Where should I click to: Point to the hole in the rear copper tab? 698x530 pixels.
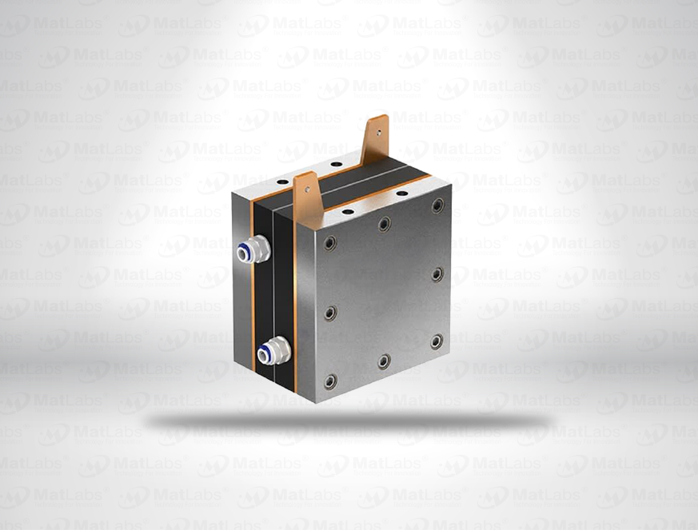[378, 126]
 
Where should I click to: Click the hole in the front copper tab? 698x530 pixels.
[305, 186]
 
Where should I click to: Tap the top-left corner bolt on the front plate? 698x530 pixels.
[330, 242]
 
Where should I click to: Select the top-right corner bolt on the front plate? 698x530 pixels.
[438, 205]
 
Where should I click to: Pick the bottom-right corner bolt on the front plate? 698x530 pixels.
[437, 341]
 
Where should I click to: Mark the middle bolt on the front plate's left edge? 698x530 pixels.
[330, 313]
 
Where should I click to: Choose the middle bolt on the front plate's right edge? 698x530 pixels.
[437, 274]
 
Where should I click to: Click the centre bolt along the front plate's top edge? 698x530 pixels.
[385, 224]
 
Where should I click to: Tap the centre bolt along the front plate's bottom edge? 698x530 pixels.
[384, 361]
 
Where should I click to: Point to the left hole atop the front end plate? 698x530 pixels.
[348, 212]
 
